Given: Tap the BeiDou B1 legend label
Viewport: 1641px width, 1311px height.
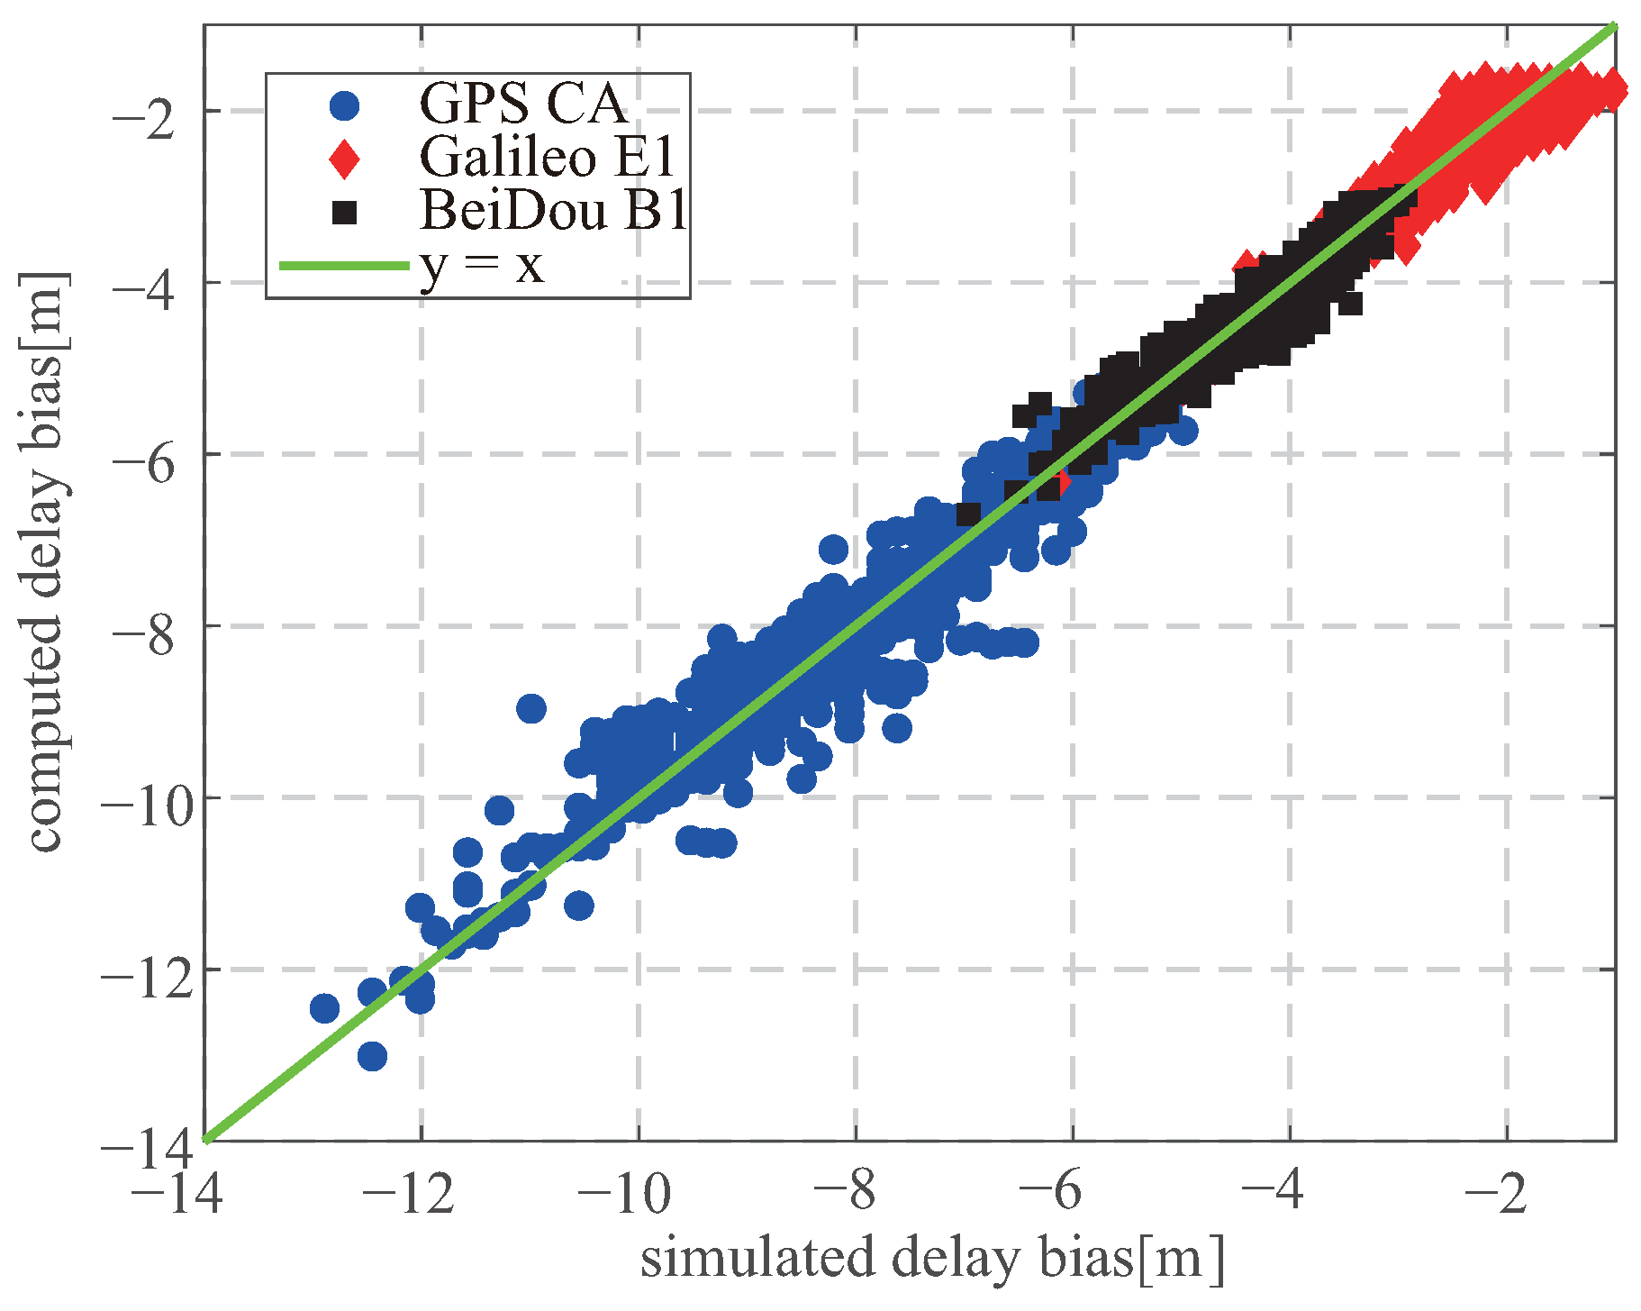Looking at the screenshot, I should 553,211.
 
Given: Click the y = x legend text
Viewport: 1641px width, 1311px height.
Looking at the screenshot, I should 482,265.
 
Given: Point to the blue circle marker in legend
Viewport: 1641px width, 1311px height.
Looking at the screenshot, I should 344,105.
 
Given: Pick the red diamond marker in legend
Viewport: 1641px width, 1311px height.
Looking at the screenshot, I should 344,159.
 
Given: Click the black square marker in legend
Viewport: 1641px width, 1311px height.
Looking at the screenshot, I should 344,213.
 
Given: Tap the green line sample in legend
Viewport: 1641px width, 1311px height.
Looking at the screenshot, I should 344,266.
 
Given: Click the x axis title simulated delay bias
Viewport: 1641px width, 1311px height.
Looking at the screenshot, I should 932,1259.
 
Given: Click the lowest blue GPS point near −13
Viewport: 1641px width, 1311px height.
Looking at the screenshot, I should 372,1055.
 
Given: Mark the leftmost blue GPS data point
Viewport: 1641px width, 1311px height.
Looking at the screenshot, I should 324,1007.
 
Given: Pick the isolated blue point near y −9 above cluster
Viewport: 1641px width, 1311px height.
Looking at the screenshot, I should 531,708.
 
